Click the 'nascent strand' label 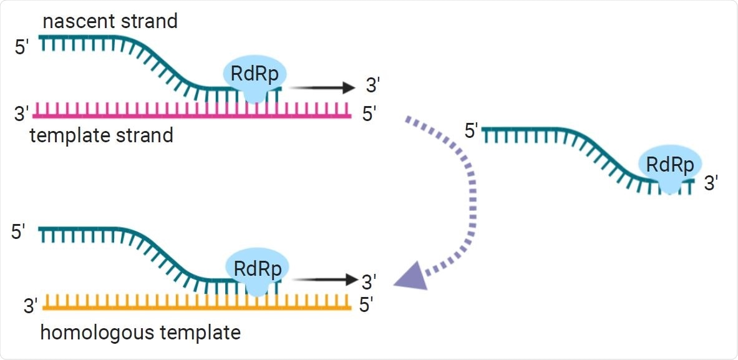pyautogui.click(x=110, y=21)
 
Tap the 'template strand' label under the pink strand pyautogui.click(x=102, y=135)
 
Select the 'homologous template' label pyautogui.click(x=140, y=332)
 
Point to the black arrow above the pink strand pyautogui.click(x=322, y=88)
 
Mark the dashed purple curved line pyautogui.click(x=469, y=187)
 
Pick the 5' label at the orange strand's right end pyautogui.click(x=367, y=306)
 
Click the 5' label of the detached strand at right pyautogui.click(x=472, y=132)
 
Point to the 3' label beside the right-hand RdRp pyautogui.click(x=711, y=183)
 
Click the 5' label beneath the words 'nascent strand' pyautogui.click(x=24, y=47)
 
